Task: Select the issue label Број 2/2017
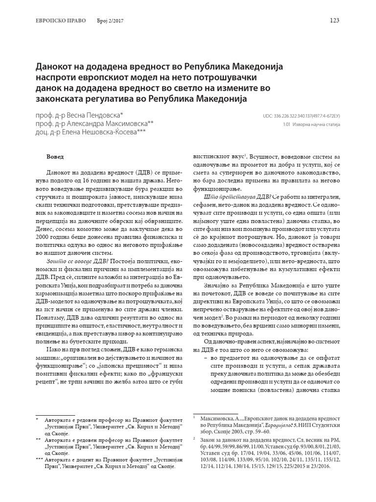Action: (x=108, y=21)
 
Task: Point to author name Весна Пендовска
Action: (x=102, y=115)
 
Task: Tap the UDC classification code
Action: (x=301, y=116)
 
